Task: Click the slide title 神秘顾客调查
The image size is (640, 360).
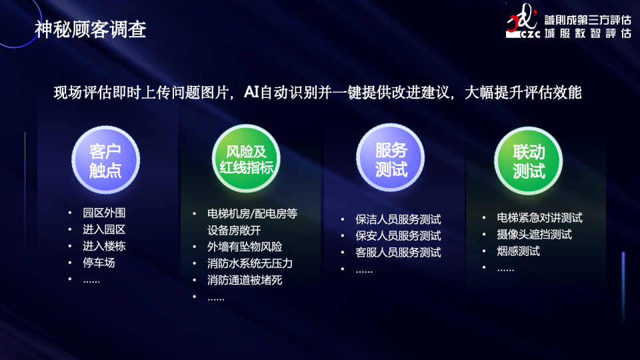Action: point(90,29)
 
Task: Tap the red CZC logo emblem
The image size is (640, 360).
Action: point(522,21)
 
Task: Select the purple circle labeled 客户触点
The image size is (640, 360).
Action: point(106,159)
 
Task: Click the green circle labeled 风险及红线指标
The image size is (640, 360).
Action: point(246,159)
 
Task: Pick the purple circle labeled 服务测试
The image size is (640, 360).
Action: point(391,157)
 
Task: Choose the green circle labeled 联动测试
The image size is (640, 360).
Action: point(529,161)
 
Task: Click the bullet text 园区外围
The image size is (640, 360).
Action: point(104,213)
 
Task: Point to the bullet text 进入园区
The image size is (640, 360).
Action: point(104,229)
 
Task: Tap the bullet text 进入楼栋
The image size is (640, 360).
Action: point(104,246)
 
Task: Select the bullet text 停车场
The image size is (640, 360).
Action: point(99,263)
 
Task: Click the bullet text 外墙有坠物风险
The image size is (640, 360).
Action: point(245,247)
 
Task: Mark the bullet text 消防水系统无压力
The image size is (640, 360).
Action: point(250,264)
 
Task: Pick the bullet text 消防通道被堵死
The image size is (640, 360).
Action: point(245,280)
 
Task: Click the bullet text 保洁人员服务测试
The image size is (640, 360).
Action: point(398,219)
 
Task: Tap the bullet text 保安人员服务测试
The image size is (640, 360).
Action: point(398,236)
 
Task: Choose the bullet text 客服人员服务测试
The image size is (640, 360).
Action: point(398,253)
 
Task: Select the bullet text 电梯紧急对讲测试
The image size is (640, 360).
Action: point(539,218)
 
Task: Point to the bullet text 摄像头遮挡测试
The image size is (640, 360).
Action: point(534,235)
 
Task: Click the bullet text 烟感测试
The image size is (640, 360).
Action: point(519,251)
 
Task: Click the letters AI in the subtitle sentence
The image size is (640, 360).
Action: point(251,92)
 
